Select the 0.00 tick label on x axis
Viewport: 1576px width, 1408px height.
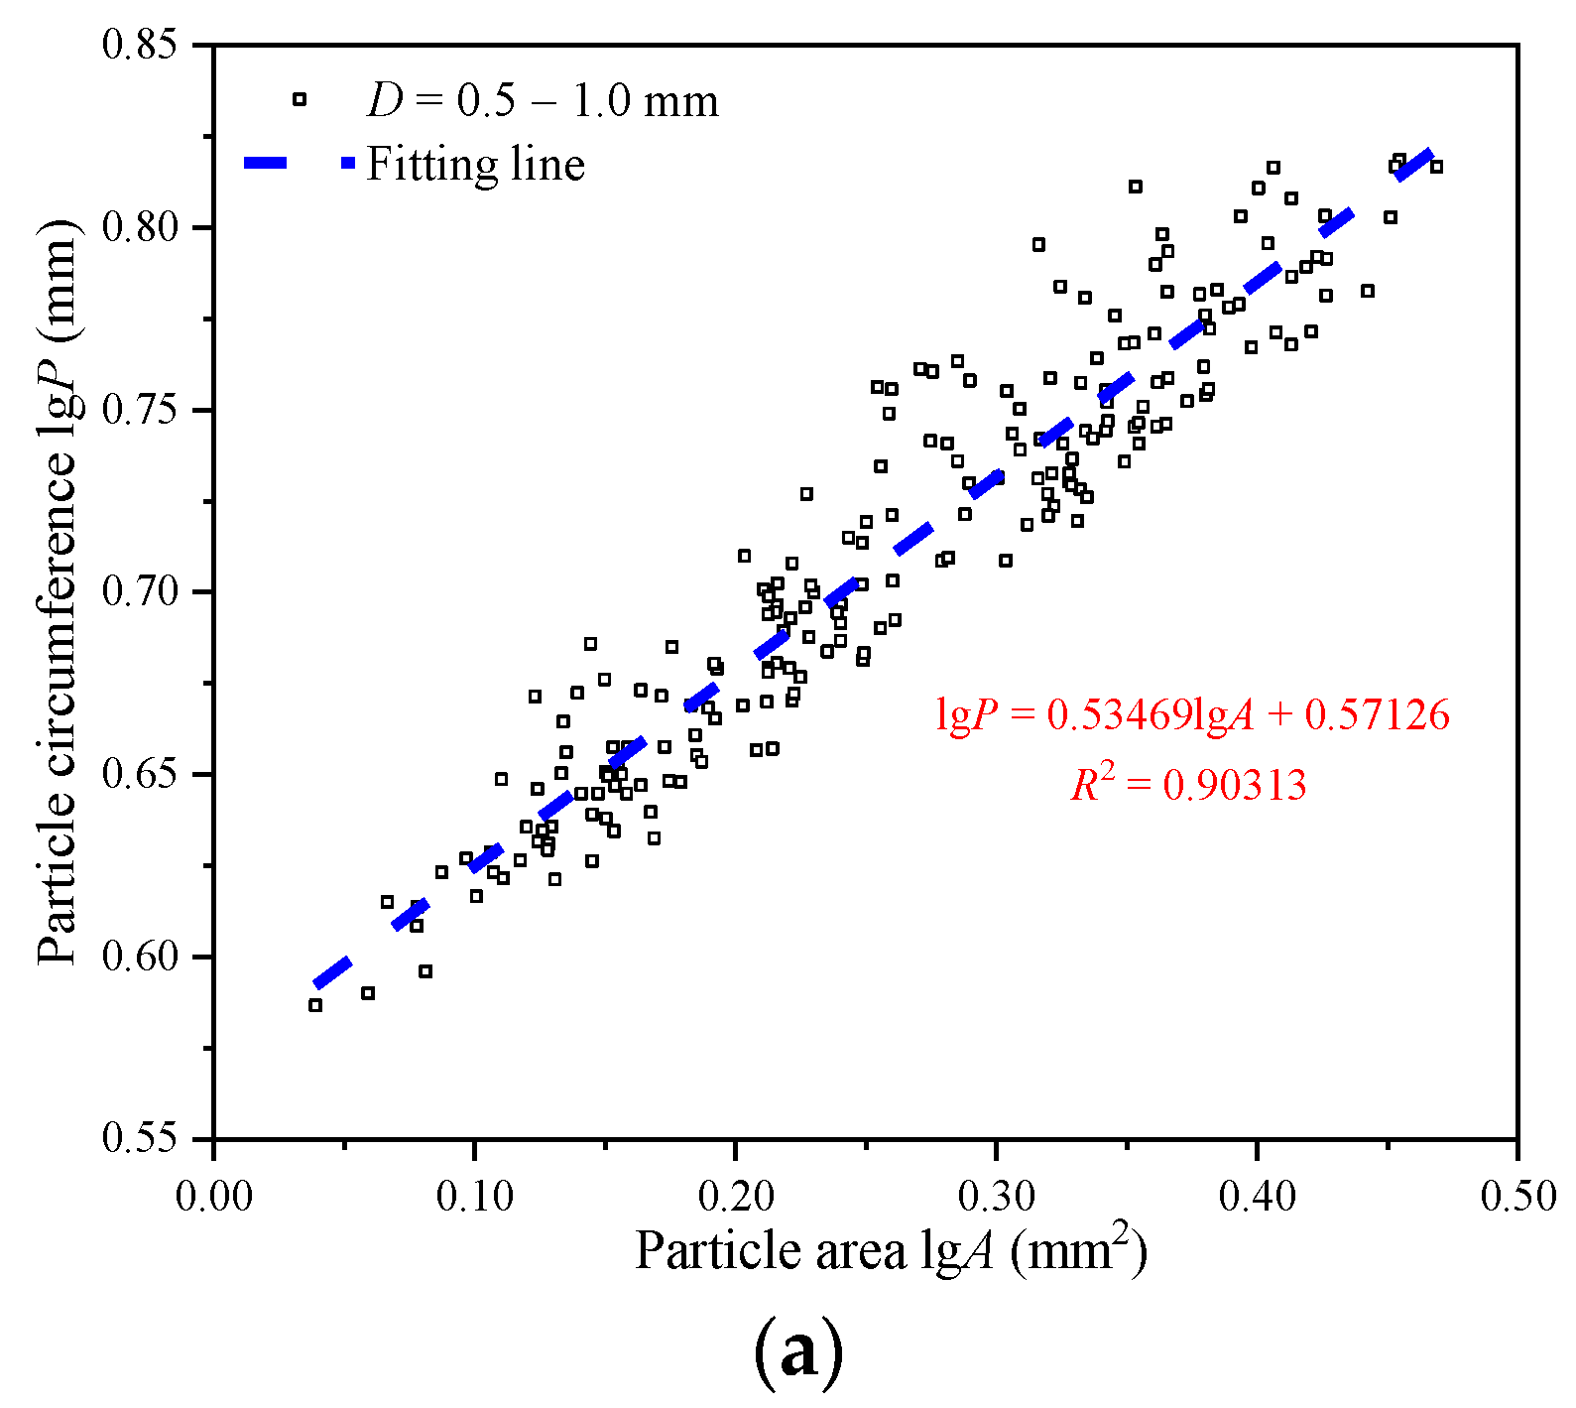[213, 1195]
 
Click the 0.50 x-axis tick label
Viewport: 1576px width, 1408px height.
[1517, 1195]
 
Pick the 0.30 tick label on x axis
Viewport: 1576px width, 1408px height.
[996, 1195]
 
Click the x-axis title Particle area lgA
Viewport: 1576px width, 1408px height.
[891, 1249]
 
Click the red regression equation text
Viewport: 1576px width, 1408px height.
[1192, 714]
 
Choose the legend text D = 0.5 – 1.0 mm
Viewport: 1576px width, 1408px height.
[543, 101]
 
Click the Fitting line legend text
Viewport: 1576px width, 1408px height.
[475, 165]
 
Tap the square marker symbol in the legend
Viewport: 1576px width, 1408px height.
[300, 99]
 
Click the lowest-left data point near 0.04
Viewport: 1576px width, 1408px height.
[315, 1005]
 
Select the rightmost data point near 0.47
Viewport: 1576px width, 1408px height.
[1436, 167]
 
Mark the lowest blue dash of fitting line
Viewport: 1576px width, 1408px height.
[332, 972]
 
